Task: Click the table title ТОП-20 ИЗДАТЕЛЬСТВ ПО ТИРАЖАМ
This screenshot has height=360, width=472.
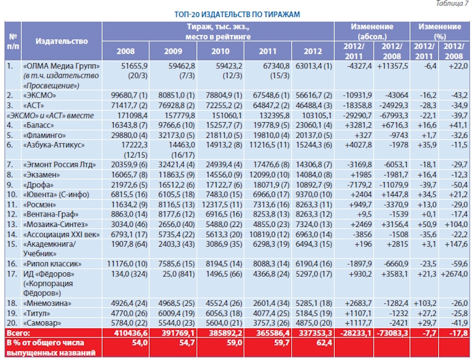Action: pyautogui.click(x=237, y=15)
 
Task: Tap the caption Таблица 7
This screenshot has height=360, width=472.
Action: pyautogui.click(x=452, y=3)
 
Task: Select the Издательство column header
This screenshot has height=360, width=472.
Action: pyautogui.click(x=62, y=41)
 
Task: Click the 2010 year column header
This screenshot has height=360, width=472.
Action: pyautogui.click(x=220, y=51)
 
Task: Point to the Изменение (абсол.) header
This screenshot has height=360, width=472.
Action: pyautogui.click(x=372, y=32)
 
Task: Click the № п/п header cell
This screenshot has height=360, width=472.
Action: pyautogui.click(x=13, y=41)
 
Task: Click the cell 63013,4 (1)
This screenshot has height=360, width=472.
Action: pyautogui.click(x=314, y=66)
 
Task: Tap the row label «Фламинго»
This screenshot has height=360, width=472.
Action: pyautogui.click(x=44, y=135)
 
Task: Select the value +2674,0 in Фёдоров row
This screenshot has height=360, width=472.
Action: pyautogui.click(x=454, y=274)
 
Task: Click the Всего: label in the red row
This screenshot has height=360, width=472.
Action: pyautogui.click(x=18, y=333)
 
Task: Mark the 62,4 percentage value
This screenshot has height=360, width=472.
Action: pyautogui.click(x=324, y=343)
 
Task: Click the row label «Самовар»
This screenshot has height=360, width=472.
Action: pyautogui.click(x=42, y=323)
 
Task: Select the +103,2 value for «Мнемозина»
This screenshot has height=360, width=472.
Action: pyautogui.click(x=425, y=303)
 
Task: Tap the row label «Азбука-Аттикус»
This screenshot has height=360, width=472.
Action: pyautogui.click(x=54, y=145)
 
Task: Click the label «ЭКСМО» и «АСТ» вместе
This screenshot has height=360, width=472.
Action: pyautogui.click(x=51, y=116)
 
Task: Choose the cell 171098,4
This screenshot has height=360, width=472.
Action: pyautogui.click(x=129, y=116)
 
